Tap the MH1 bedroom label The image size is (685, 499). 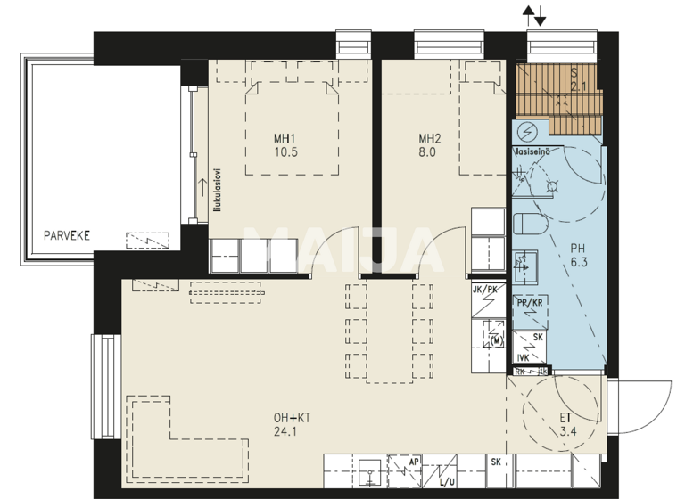285,138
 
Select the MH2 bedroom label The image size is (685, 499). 430,138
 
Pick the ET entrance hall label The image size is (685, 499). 567,417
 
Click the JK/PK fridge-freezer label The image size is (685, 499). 488,290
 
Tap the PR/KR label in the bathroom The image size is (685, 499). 530,303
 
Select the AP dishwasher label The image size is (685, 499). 414,462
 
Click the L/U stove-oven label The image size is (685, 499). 447,482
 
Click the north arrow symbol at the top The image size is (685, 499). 535,15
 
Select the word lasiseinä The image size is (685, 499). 532,151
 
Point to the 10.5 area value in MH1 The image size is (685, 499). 285,152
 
